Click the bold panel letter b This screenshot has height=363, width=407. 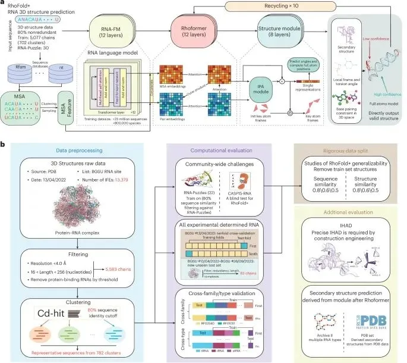[4, 144]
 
